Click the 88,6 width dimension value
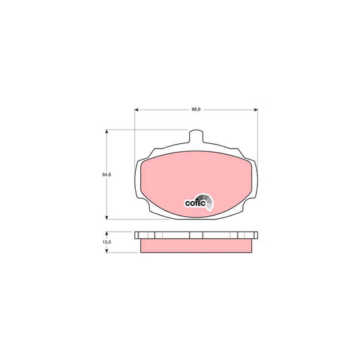pyautogui.click(x=196, y=109)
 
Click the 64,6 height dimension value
pyautogui.click(x=107, y=174)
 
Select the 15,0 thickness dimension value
pyautogui.click(x=107, y=242)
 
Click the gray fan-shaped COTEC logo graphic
pyautogui.click(x=205, y=201)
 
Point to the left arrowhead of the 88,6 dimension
pyautogui.click(x=136, y=109)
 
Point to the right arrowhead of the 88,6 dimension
pyautogui.click(x=256, y=109)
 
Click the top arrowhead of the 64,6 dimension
pyautogui.click(x=107, y=131)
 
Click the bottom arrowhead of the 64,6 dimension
pyautogui.click(x=107, y=217)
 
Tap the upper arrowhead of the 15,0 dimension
pyautogui.click(x=107, y=233)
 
